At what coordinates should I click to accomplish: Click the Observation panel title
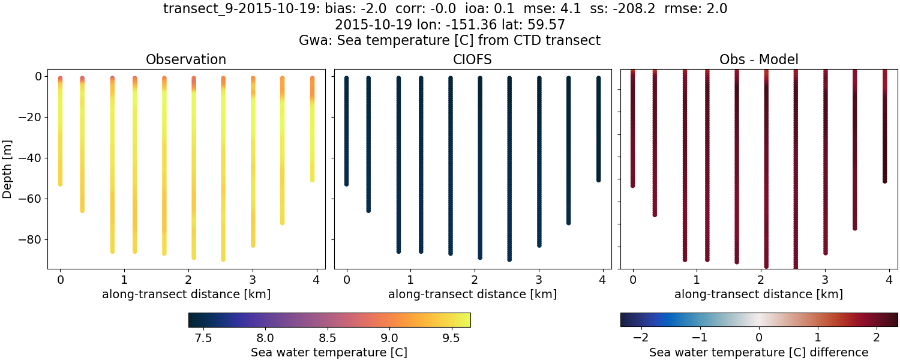(186, 59)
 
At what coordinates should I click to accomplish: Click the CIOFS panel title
(472, 59)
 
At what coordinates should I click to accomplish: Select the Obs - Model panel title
(758, 59)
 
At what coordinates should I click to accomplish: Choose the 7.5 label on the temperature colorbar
(203, 339)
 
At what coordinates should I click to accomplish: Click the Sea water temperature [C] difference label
(758, 352)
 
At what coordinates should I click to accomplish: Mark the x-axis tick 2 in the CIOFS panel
(474, 280)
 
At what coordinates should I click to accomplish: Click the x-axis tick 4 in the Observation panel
(316, 280)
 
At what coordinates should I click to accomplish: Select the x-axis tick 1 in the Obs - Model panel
(697, 280)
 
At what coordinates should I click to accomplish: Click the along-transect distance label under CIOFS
(472, 295)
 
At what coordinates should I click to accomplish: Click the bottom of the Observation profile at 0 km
(60, 184)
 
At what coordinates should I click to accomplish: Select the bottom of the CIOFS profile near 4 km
(598, 179)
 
